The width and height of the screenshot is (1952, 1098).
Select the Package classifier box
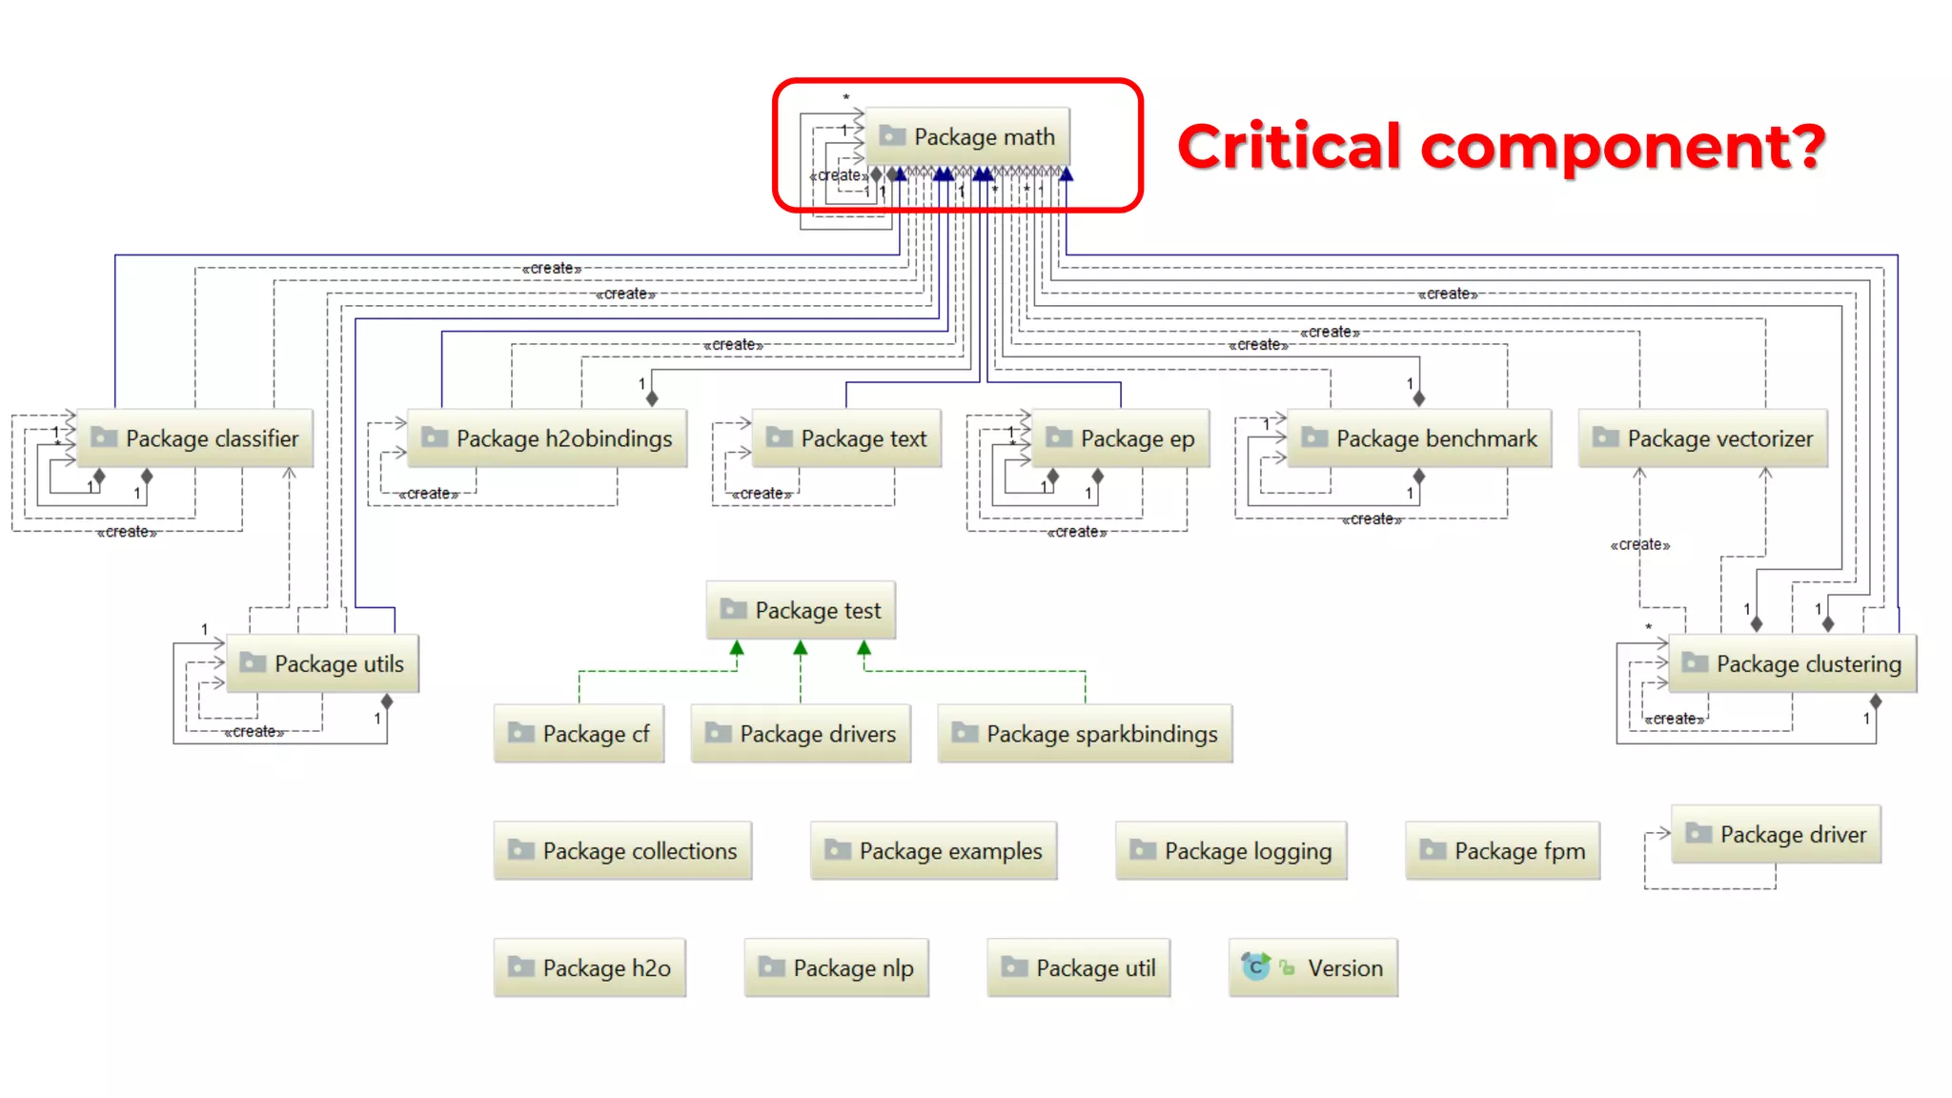tap(194, 438)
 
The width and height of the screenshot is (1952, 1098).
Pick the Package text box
tap(846, 438)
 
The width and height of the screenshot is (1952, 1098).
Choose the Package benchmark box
tap(1419, 438)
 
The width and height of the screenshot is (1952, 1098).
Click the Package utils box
tap(322, 663)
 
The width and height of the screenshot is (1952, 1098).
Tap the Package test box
tap(801, 610)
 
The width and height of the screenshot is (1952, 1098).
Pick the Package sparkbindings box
tap(1085, 734)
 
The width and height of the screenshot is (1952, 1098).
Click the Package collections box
tap(622, 851)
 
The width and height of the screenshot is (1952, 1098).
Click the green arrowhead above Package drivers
tap(801, 648)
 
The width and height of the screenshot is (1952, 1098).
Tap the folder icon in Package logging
tap(1142, 849)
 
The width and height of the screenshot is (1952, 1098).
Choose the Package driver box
tap(1776, 834)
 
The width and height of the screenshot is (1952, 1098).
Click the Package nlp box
tap(836, 968)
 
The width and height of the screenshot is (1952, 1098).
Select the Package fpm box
tap(1502, 851)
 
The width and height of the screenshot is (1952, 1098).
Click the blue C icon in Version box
tap(1255, 967)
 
